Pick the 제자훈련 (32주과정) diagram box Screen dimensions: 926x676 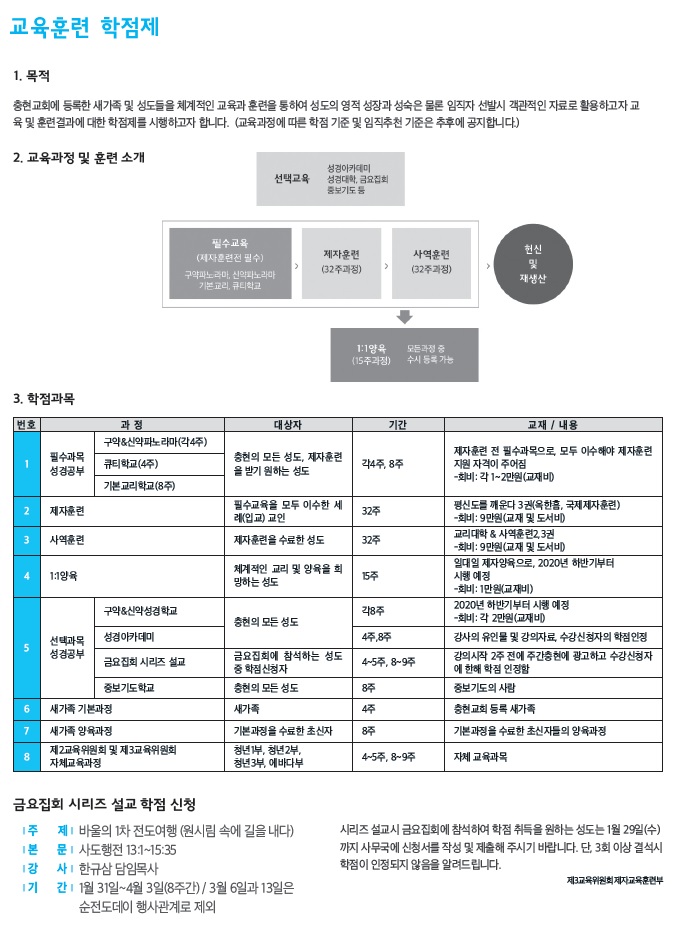pos(344,263)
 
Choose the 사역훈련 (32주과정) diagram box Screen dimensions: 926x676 pos(431,263)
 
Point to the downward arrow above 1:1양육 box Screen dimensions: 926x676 pos(404,317)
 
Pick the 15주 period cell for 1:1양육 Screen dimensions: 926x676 pos(370,576)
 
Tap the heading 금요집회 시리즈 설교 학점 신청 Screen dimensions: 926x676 pos(105,803)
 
